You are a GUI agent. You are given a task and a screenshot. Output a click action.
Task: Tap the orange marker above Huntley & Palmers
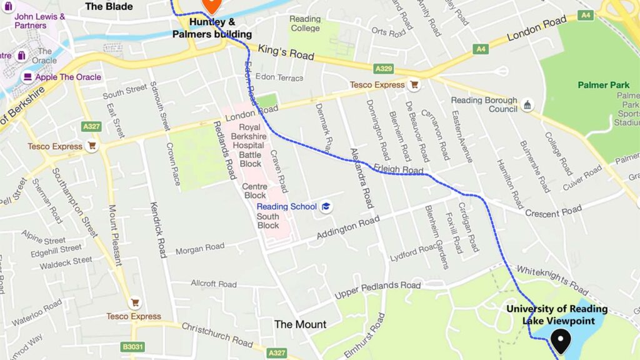point(211,5)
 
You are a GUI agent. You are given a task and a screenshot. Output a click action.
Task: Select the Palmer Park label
point(602,85)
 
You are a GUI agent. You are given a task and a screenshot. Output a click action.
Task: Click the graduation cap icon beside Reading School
point(326,207)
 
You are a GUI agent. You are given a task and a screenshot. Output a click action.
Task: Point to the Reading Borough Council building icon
point(527,104)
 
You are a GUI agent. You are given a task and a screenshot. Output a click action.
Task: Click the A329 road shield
point(383,68)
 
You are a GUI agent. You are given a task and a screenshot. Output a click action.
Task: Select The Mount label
point(300,324)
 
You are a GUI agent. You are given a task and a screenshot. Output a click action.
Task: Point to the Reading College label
point(305,24)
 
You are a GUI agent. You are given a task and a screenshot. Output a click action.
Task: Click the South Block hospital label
point(268,221)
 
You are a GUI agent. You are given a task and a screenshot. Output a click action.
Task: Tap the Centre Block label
point(254,191)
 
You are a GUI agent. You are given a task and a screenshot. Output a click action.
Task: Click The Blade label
point(109,6)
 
